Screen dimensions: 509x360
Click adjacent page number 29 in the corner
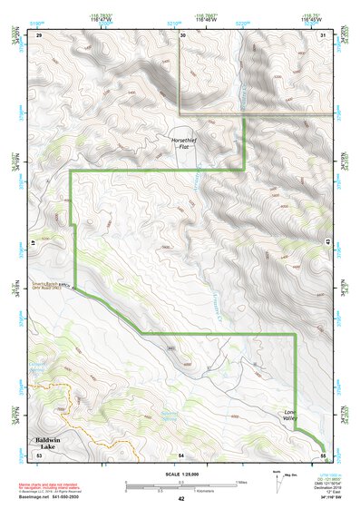coord(39,34)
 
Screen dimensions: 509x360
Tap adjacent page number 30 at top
coord(182,34)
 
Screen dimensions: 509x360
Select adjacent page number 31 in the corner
coord(324,34)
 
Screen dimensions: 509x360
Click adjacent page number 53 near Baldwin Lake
coord(39,455)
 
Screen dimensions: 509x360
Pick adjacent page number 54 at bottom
coord(180,455)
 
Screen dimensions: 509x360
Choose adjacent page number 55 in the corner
coord(323,455)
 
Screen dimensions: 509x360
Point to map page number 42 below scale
coord(180,499)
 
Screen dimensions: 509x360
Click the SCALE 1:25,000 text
coord(180,474)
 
